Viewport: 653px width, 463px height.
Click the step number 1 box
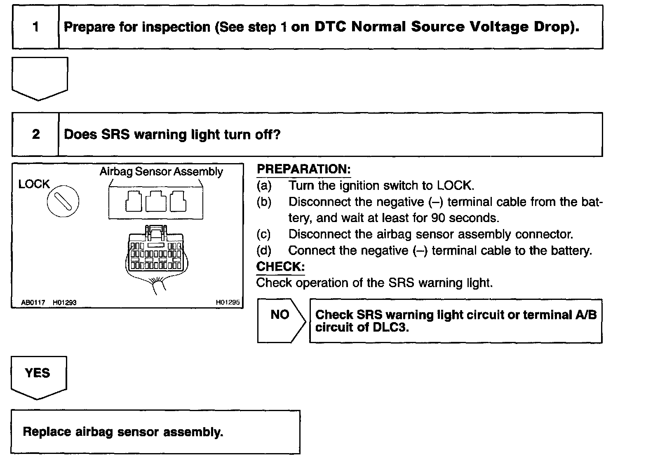[36, 27]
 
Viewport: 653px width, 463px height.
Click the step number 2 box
[36, 134]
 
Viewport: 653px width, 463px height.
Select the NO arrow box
[281, 320]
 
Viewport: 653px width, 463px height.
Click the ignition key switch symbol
[63, 201]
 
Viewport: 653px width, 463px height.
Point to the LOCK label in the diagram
[34, 184]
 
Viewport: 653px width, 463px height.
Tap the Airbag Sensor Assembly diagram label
[161, 172]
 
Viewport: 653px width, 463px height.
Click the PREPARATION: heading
[303, 169]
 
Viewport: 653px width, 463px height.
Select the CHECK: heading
[280, 267]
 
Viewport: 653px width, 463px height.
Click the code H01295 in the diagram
[228, 302]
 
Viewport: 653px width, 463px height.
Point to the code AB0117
[33, 303]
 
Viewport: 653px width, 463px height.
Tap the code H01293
[64, 303]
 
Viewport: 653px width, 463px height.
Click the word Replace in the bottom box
[47, 432]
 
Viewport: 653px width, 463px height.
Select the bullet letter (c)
[263, 234]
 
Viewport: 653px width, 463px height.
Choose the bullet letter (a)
[263, 186]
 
